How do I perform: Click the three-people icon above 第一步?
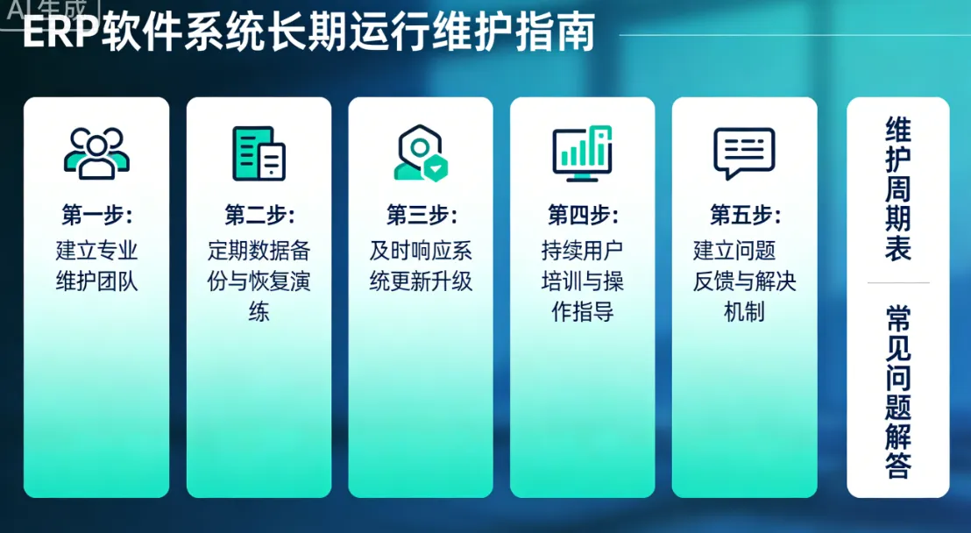(96, 153)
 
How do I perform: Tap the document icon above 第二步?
(259, 153)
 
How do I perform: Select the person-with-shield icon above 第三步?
(421, 153)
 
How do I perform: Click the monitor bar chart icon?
(582, 153)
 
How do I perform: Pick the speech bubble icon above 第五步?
(744, 153)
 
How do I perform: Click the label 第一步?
(96, 215)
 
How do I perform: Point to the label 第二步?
(259, 215)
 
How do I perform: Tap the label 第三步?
(421, 215)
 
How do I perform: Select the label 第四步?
(582, 215)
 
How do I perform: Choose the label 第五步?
(744, 215)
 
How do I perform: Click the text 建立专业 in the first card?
(96, 251)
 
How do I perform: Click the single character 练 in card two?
(259, 312)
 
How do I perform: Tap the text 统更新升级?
(421, 281)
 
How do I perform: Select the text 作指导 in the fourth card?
(582, 312)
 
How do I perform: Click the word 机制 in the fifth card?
(744, 312)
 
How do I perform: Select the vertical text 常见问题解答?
(898, 392)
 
